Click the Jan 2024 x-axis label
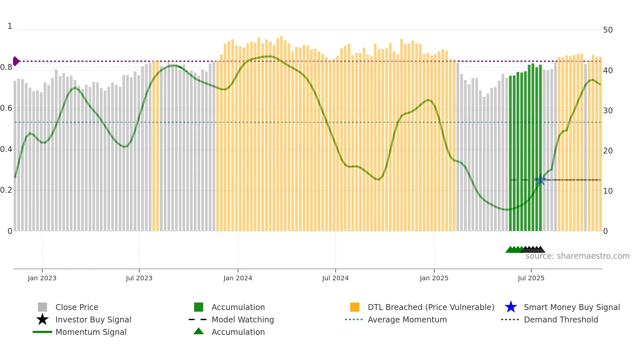238,278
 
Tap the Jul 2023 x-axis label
139,278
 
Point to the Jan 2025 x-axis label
434,278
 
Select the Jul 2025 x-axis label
531,278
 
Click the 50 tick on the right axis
608,30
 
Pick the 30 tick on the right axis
608,111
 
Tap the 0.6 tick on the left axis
6,108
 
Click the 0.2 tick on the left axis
6,190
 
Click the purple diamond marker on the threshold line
16,61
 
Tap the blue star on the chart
540,180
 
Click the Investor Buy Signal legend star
42,319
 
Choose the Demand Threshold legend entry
561,320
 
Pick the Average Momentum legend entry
407,320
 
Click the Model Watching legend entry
242,320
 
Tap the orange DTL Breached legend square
355,307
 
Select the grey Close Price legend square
42,307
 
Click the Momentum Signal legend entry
90,332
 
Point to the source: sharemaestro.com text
577,256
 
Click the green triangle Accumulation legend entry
199,332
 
